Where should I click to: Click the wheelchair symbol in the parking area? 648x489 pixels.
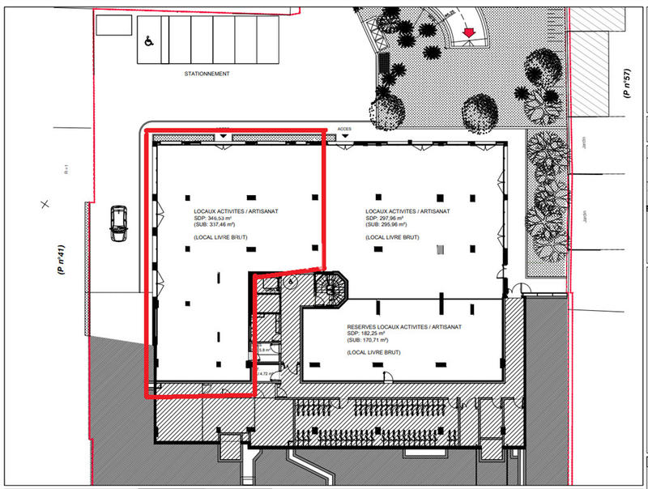coord(151,42)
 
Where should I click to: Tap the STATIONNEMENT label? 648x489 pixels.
coord(207,74)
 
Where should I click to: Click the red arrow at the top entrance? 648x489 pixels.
coord(467,32)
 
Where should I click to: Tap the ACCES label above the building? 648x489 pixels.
coord(344,129)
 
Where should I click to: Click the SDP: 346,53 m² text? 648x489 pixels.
coord(210,218)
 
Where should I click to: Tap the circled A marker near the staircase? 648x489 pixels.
coord(289,282)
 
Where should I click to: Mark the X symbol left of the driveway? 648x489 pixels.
coord(46,202)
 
